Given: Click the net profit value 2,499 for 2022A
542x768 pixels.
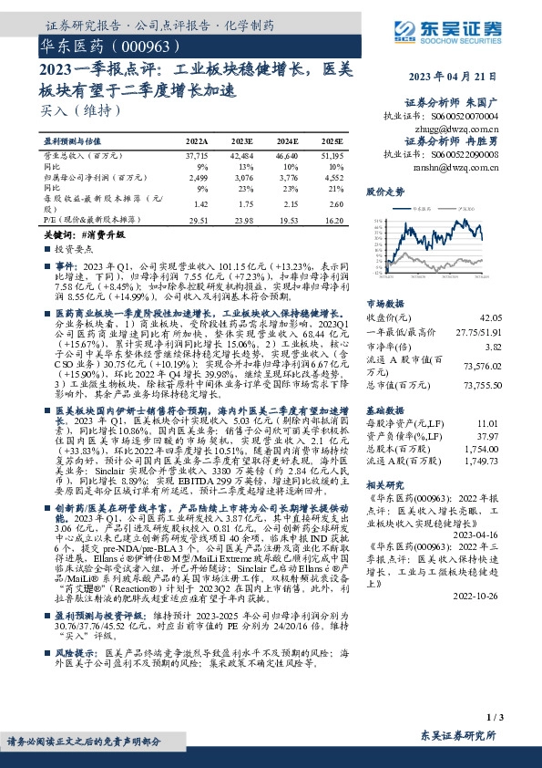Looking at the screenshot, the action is (x=197, y=179).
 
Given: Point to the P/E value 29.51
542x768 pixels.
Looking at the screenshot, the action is (x=198, y=220).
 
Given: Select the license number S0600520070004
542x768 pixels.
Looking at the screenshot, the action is (x=479, y=118).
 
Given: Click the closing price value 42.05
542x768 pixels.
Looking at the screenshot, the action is (x=515, y=317).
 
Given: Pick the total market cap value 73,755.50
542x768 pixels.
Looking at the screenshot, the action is (x=508, y=387).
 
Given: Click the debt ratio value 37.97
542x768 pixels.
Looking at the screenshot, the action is (x=515, y=435).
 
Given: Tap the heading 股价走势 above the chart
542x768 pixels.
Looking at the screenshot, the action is (x=385, y=192).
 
